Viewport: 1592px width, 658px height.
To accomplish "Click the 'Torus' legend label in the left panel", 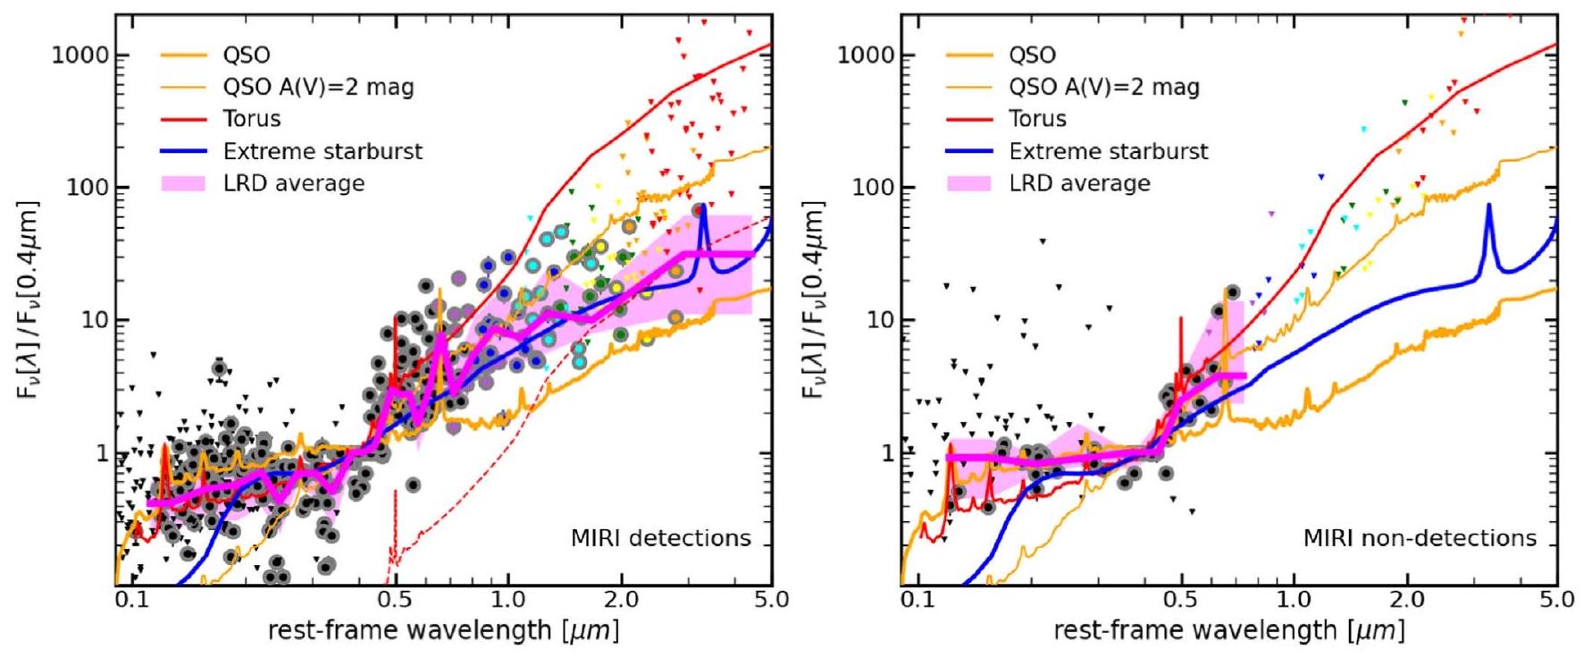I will pyautogui.click(x=252, y=119).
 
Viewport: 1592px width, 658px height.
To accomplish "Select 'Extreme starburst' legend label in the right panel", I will pyautogui.click(x=1109, y=151).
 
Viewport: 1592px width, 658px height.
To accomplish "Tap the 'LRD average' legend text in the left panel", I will pyautogui.click(x=294, y=183).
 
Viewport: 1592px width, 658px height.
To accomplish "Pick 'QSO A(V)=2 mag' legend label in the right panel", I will pyautogui.click(x=1104, y=87).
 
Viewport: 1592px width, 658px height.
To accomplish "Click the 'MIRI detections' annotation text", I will pyautogui.click(x=661, y=538).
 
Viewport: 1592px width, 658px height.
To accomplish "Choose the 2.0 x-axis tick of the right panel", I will pyautogui.click(x=1407, y=599).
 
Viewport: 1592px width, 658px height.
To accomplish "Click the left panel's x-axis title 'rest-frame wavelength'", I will pyautogui.click(x=443, y=630).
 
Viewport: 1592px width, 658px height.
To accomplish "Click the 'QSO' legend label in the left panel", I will pyautogui.click(x=247, y=55).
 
